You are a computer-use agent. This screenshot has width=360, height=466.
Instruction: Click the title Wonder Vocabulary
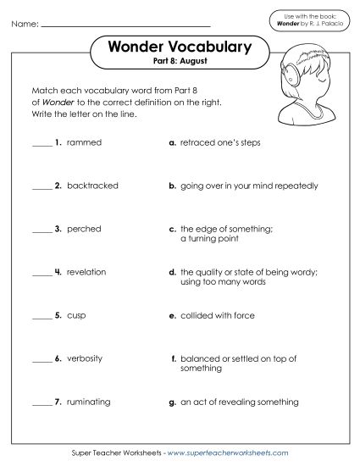[x=180, y=48]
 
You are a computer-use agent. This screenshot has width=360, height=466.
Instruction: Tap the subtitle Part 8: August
[x=180, y=64]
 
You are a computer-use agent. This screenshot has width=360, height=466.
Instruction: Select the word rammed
[x=84, y=142]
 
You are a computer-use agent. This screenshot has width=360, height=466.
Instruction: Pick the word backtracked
[x=92, y=186]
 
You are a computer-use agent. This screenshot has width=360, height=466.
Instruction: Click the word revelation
[x=88, y=272]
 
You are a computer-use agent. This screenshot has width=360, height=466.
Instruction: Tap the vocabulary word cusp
[x=77, y=315]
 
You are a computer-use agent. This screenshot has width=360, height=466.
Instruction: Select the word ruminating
[x=90, y=402]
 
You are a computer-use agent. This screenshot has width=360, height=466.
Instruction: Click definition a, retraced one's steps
[x=219, y=142]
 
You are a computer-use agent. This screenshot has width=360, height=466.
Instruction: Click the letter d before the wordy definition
[x=173, y=272]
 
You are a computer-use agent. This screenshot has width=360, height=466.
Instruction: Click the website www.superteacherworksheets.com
[x=224, y=453]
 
